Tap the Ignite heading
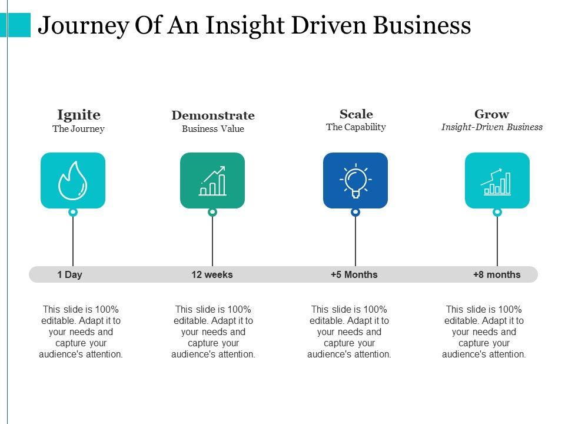click(x=78, y=114)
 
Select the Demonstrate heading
click(x=212, y=115)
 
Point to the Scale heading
click(x=356, y=114)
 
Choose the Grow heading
click(x=491, y=114)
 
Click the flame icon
click(x=73, y=180)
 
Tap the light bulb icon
click(x=355, y=180)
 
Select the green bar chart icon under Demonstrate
click(x=212, y=180)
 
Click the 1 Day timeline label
click(x=70, y=274)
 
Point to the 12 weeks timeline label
click(x=212, y=274)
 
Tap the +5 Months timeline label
click(x=354, y=274)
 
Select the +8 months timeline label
click(x=497, y=274)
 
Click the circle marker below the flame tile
click(x=73, y=212)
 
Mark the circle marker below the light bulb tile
click(x=355, y=212)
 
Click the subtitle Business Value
click(x=212, y=130)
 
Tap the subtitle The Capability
click(x=356, y=127)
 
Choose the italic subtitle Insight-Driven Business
click(x=492, y=127)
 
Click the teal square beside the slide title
click(x=19, y=25)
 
